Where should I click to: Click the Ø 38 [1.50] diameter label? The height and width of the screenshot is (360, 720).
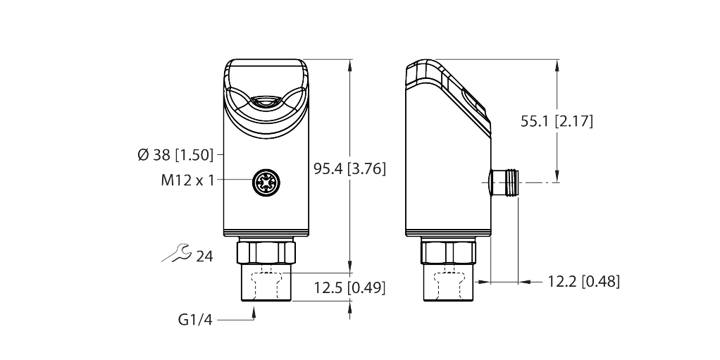(176, 156)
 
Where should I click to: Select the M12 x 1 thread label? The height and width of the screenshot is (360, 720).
(187, 180)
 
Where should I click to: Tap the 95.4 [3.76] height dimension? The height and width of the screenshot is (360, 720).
(349, 169)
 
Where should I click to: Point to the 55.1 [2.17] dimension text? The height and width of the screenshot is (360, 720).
(557, 121)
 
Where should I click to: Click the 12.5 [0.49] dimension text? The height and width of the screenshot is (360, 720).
(349, 287)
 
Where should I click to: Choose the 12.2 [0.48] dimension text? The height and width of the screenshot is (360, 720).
(583, 281)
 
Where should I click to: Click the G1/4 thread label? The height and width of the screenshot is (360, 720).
(195, 320)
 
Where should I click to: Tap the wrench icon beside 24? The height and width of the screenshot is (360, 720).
(176, 253)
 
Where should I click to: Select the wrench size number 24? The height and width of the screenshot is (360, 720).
(204, 256)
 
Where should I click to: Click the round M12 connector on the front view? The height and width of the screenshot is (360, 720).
(266, 180)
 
